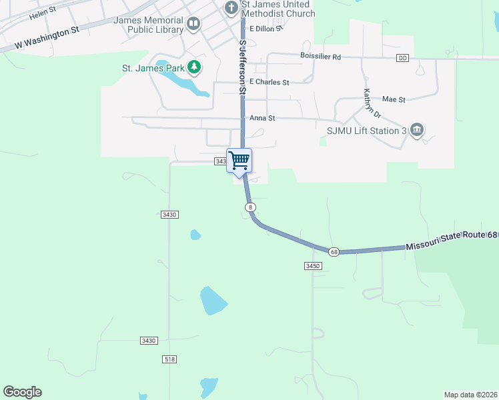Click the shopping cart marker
click(x=239, y=160)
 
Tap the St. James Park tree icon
click(x=194, y=67)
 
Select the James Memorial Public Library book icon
click(x=193, y=25)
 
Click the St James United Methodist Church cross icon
click(x=231, y=8)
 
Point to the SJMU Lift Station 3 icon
click(x=417, y=129)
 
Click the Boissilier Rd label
click(x=320, y=57)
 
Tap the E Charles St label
click(x=269, y=83)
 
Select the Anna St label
click(x=262, y=118)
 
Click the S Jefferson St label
click(x=243, y=65)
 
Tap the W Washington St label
click(x=47, y=39)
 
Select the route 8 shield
click(x=250, y=207)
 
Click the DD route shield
click(x=402, y=58)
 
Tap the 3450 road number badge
click(x=313, y=265)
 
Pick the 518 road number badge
click(x=169, y=359)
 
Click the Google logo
click(x=23, y=392)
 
